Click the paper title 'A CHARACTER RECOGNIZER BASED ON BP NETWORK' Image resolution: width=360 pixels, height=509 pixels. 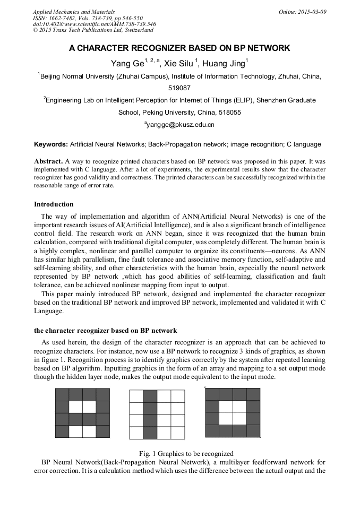pyautogui.click(x=179, y=48)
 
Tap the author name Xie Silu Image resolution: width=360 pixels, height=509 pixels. pyautogui.click(x=179, y=64)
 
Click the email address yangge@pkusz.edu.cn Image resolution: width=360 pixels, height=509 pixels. pyautogui.click(x=181, y=125)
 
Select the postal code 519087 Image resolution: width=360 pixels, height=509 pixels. pyautogui.click(x=179, y=88)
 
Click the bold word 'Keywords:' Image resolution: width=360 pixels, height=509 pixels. pyautogui.click(x=50, y=144)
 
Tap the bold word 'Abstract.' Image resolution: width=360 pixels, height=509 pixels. pyautogui.click(x=48, y=160)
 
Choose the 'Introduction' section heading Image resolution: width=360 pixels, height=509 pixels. pyautogui.click(x=54, y=204)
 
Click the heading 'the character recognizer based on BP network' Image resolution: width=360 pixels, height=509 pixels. pyautogui.click(x=105, y=331)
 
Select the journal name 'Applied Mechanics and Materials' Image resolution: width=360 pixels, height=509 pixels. pyautogui.click(x=74, y=12)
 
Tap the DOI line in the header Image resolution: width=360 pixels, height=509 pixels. pyautogui.click(x=94, y=24)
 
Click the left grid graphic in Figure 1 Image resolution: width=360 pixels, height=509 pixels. pyautogui.click(x=82, y=413)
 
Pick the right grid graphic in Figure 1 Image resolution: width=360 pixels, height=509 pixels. pyautogui.click(x=233, y=412)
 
